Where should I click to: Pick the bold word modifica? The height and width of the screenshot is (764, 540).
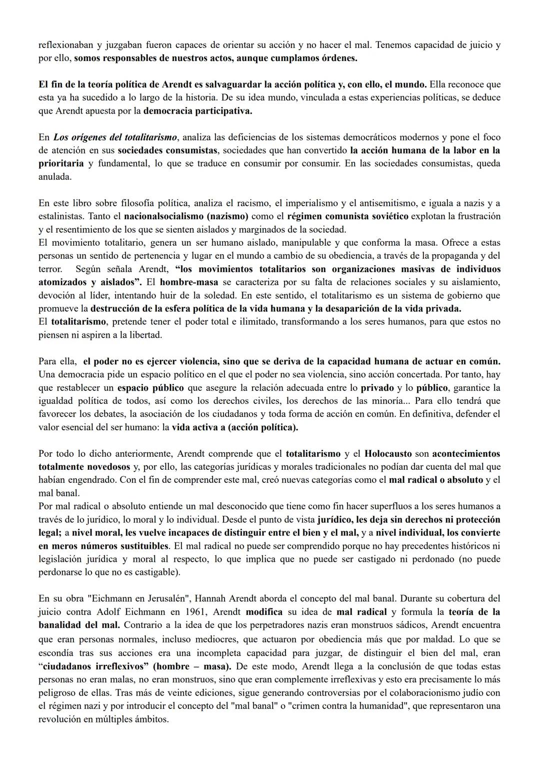(264, 611)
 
